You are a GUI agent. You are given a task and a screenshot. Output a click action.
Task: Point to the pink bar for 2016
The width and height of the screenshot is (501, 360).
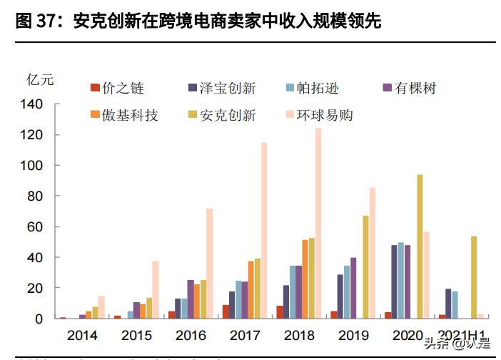[210, 264]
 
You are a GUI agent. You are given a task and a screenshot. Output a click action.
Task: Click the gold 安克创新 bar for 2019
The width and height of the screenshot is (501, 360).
[365, 266]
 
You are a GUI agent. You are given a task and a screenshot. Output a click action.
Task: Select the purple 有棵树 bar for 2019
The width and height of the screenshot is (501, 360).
[353, 288]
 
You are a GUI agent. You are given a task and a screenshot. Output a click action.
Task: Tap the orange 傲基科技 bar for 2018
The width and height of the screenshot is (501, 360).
[305, 279]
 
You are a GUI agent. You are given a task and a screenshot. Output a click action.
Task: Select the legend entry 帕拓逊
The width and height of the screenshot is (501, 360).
[311, 89]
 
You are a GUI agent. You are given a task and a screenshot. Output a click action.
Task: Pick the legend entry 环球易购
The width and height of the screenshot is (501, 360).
[318, 115]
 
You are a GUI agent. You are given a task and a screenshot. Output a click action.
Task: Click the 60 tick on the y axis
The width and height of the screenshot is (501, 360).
[36, 227]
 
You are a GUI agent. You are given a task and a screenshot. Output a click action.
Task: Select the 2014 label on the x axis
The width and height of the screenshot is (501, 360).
[83, 335]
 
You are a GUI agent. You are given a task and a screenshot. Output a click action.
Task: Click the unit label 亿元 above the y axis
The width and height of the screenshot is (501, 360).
[40, 79]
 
